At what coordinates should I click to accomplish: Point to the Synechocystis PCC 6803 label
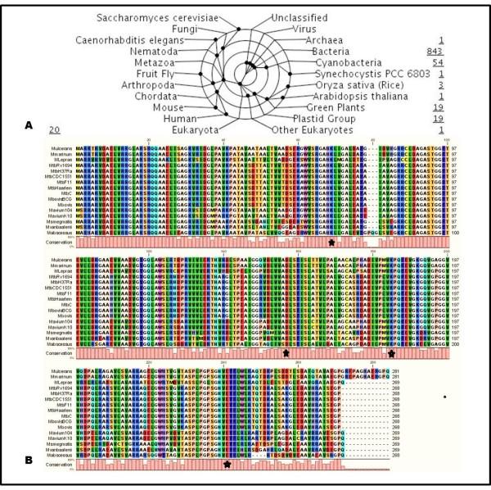tap(345, 73)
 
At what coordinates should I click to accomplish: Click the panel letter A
tap(30, 125)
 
